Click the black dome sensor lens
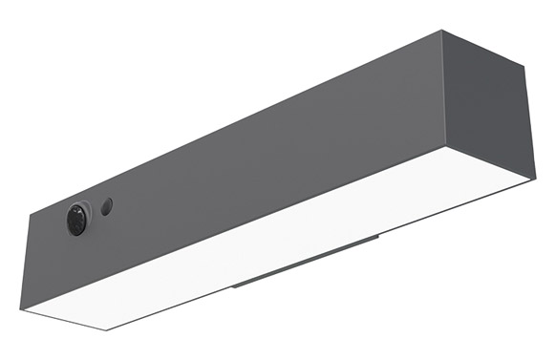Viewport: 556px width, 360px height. [75, 220]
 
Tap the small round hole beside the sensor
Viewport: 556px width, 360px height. [107, 205]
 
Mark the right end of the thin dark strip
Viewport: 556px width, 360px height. [379, 236]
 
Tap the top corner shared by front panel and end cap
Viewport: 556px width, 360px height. [443, 31]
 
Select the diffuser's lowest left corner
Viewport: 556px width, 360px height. [107, 330]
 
